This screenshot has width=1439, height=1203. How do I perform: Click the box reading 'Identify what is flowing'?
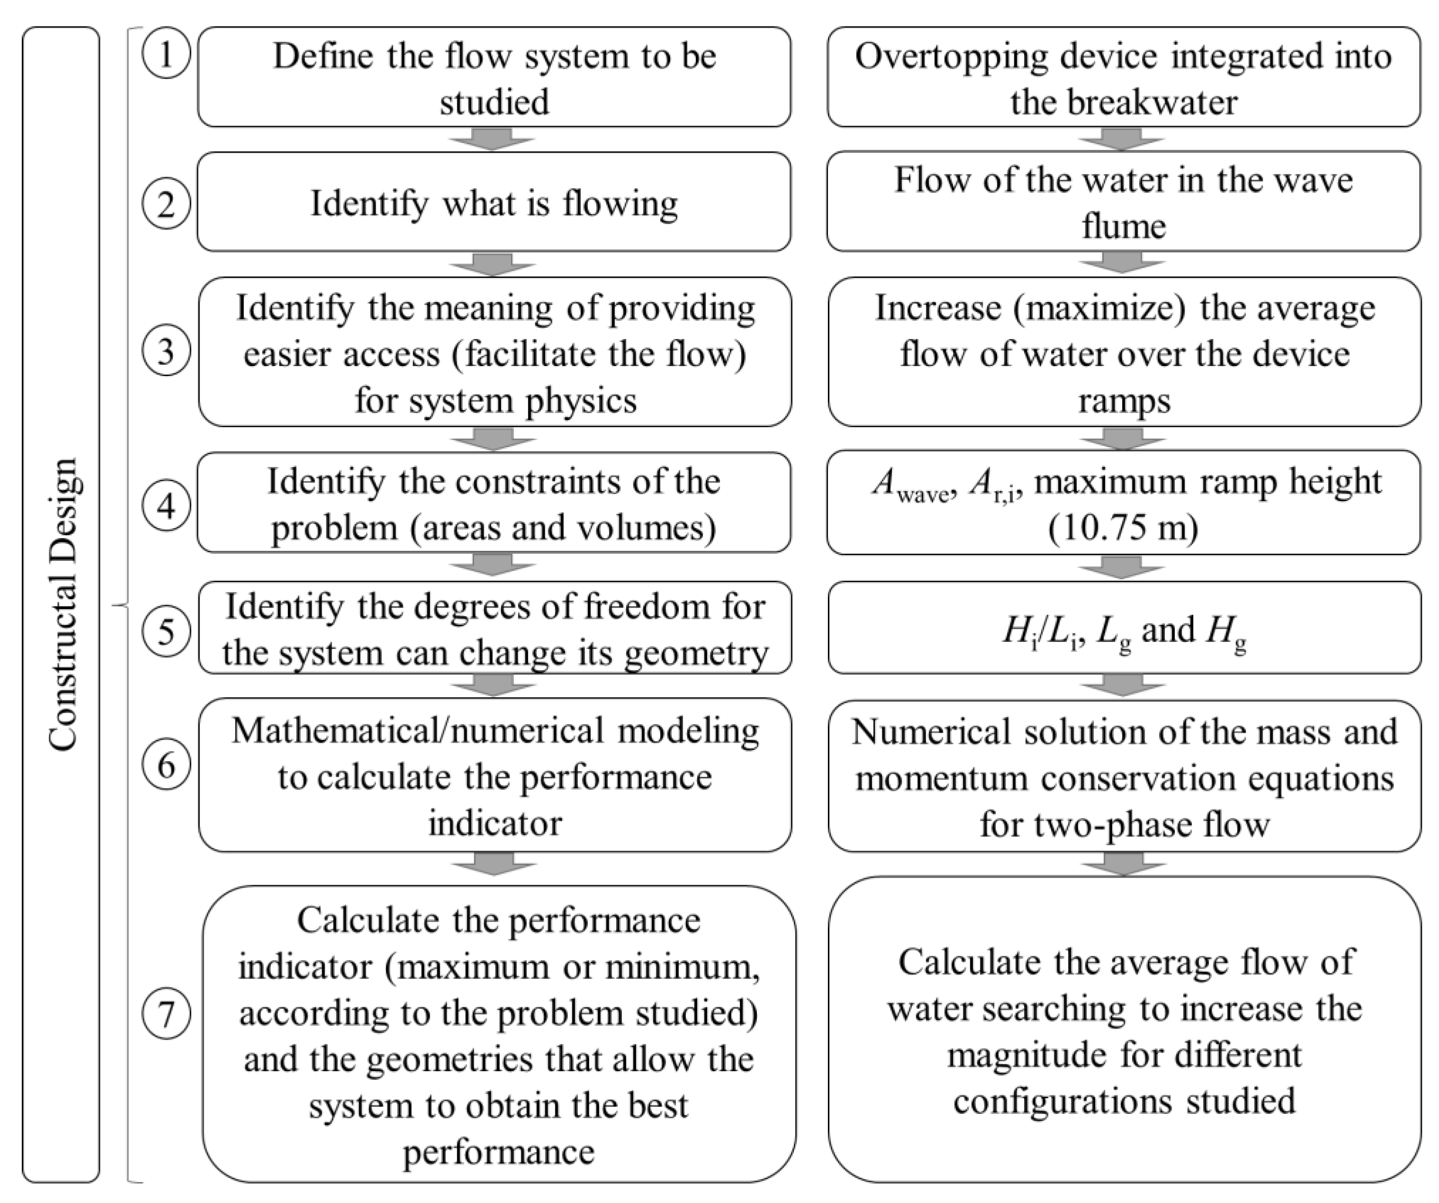coord(494,203)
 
